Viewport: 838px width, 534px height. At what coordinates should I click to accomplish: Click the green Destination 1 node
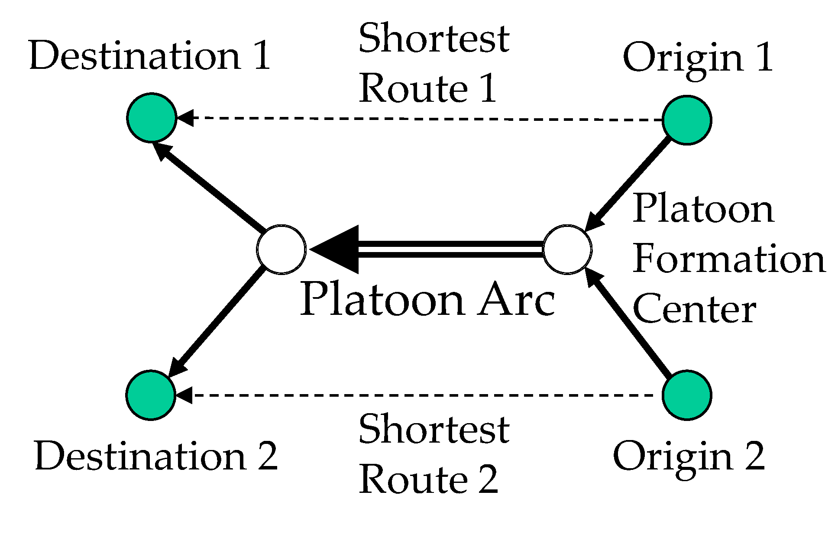click(x=152, y=117)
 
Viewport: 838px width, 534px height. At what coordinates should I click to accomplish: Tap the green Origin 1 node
click(x=687, y=120)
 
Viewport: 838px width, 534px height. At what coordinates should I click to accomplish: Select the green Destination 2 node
click(x=151, y=395)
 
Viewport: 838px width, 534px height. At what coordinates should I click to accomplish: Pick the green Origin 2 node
click(x=687, y=395)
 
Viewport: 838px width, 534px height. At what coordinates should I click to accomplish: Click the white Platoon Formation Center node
click(x=567, y=249)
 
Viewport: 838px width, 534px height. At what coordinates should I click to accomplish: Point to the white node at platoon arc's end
click(x=281, y=249)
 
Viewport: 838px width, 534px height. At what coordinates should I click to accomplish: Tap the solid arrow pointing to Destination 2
click(x=217, y=320)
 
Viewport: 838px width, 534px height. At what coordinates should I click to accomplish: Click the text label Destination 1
click(x=150, y=56)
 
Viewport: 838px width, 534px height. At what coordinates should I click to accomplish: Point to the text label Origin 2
click(x=689, y=457)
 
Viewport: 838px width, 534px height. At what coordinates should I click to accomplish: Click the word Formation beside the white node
click(x=729, y=259)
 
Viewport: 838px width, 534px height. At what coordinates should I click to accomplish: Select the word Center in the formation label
click(x=694, y=309)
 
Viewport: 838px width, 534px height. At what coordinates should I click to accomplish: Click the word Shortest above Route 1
click(x=434, y=38)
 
